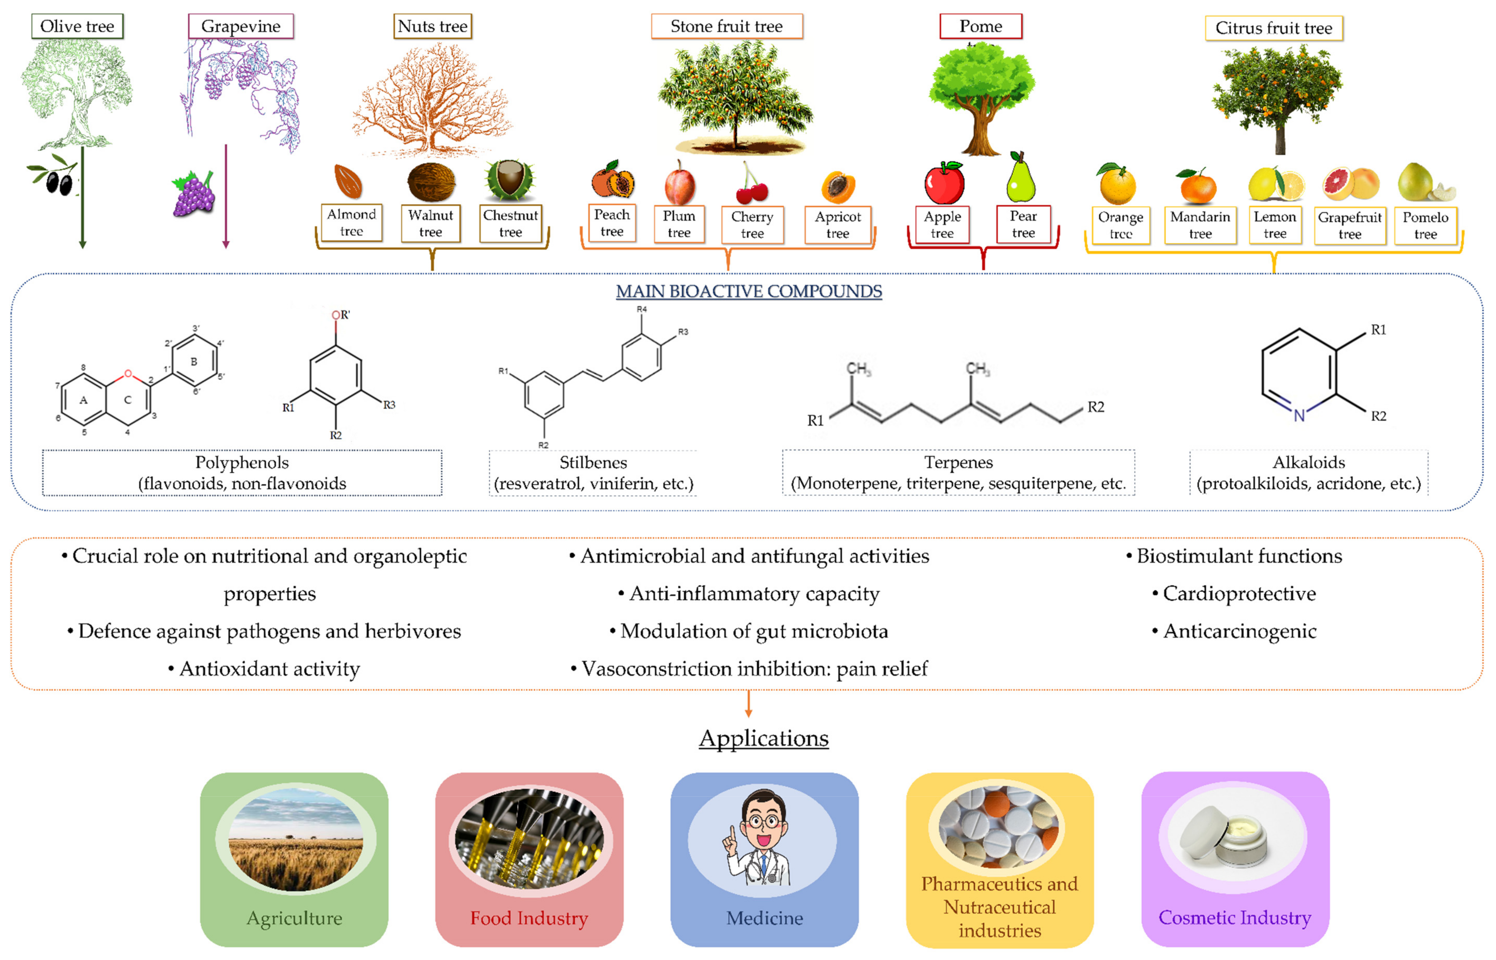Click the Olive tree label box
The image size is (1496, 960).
point(77,26)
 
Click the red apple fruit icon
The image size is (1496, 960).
point(944,183)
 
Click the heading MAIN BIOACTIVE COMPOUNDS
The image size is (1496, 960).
point(749,291)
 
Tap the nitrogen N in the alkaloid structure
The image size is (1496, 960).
point(1299,415)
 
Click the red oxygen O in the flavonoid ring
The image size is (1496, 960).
point(128,374)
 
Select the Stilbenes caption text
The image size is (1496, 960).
point(593,463)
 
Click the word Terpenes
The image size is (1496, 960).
point(958,463)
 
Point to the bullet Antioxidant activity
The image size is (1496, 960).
point(269,669)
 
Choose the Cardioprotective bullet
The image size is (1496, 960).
point(1239,594)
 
